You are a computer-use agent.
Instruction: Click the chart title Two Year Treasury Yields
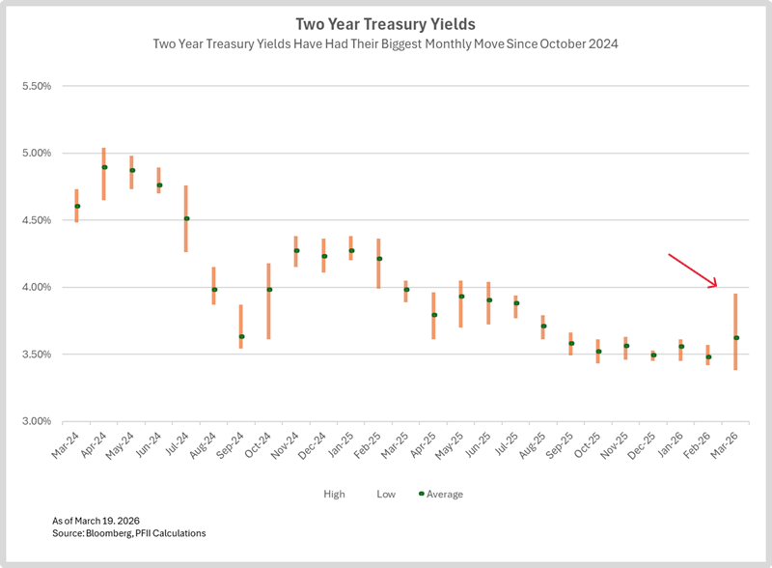pyautogui.click(x=385, y=23)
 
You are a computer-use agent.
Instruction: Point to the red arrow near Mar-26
pyautogui.click(x=693, y=270)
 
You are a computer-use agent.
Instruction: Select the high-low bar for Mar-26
pyautogui.click(x=736, y=331)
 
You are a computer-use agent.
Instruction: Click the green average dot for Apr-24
pyautogui.click(x=104, y=167)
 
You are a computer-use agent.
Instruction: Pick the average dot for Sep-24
pyautogui.click(x=241, y=336)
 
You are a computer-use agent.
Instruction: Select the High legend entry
pyautogui.click(x=334, y=494)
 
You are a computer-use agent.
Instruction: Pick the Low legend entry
pyautogui.click(x=385, y=494)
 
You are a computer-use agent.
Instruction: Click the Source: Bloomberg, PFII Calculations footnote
pyautogui.click(x=128, y=533)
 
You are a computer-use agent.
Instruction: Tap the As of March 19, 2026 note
pyautogui.click(x=100, y=521)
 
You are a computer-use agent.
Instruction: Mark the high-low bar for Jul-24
pyautogui.click(x=186, y=218)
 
